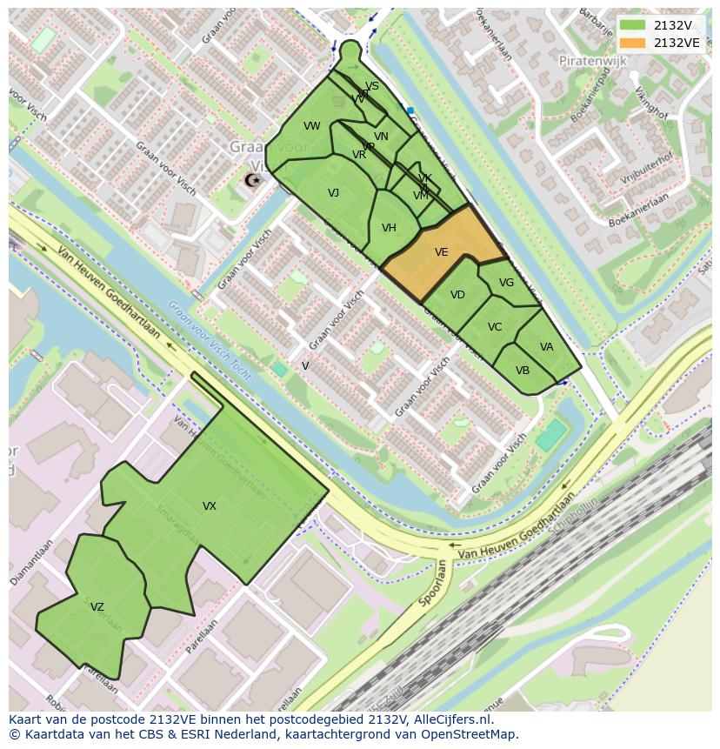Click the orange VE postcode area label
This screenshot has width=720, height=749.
tap(441, 252)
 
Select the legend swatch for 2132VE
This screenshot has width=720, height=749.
tap(633, 43)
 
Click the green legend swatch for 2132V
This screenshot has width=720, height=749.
tap(633, 25)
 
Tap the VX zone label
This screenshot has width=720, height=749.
tap(210, 506)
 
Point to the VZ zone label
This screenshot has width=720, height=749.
tap(97, 607)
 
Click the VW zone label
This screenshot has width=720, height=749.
tap(312, 126)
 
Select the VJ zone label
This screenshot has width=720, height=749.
tap(333, 193)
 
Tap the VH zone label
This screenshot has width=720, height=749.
tap(389, 228)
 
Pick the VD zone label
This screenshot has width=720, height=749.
tap(457, 295)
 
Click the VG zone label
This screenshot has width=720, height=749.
tap(506, 283)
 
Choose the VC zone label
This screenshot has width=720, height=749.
tap(495, 327)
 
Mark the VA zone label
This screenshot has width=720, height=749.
tap(546, 347)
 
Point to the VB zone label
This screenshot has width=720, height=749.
tap(523, 370)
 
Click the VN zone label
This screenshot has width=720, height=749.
tap(381, 137)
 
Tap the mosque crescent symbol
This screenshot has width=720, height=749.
tap(252, 180)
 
